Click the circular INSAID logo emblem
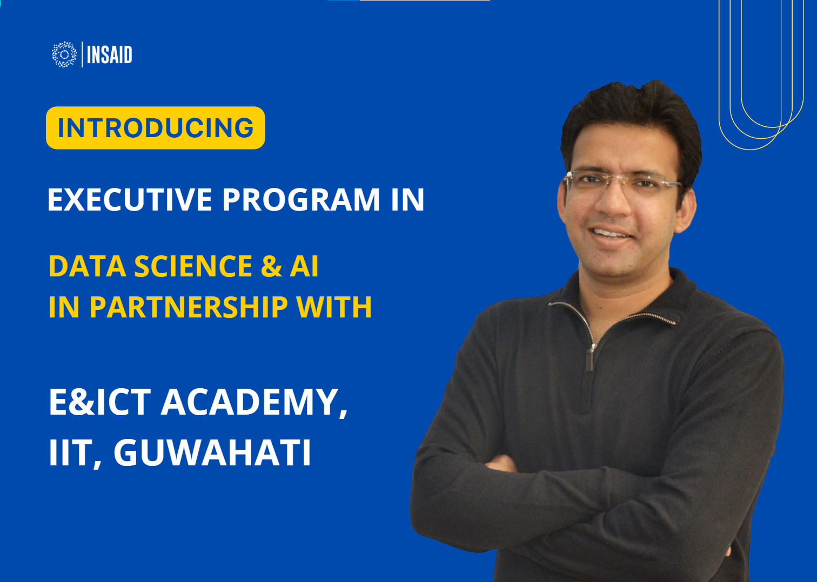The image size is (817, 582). coord(64,55)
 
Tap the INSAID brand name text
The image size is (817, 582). coord(109,55)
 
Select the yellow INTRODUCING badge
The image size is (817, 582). coord(156,128)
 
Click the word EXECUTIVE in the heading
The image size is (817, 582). coord(130,199)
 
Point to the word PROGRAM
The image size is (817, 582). coord(302,199)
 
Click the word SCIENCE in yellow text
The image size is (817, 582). coord(193,266)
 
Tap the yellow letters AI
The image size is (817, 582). coord(304,266)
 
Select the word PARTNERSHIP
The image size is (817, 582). coord(189,307)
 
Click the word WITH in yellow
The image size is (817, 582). coord(334,307)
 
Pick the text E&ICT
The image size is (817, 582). coord(100,402)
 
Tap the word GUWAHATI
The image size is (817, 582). coord(213,452)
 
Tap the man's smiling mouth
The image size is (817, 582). coord(612,233)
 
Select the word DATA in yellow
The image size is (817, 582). coord(88,266)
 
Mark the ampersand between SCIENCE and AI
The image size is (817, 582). coord(271,266)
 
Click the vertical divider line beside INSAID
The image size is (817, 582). coord(82,55)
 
